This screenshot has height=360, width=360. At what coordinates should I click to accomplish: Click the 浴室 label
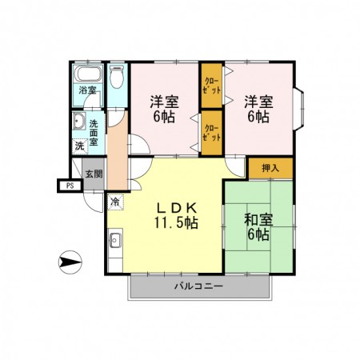click(86, 90)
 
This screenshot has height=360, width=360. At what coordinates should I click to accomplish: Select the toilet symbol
click(117, 78)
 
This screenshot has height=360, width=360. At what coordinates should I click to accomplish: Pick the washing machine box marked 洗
click(79, 146)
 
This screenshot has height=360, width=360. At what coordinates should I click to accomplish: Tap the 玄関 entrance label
click(93, 173)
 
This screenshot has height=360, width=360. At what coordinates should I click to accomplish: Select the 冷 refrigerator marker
click(116, 201)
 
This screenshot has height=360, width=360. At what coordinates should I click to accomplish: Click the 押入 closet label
click(270, 168)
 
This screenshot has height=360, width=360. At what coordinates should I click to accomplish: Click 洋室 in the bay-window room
click(257, 101)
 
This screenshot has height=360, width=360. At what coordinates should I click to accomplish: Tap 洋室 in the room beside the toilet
click(164, 101)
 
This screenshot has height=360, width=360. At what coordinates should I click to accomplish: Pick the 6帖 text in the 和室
click(258, 234)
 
